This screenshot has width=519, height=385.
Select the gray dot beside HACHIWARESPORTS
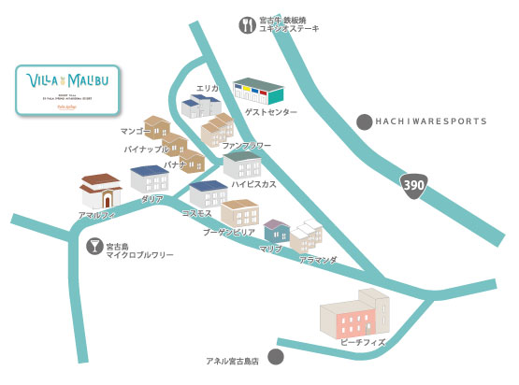(x=364, y=121)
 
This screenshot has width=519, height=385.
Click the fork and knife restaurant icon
(x=246, y=25)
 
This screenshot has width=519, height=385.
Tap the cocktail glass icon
(x=93, y=248)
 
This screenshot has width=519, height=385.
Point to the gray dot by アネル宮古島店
(x=275, y=356)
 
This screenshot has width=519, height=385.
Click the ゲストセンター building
(x=257, y=92)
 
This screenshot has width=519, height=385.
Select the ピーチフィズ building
(x=353, y=314)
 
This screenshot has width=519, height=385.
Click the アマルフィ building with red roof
(x=101, y=191)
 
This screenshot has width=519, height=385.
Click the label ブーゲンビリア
(x=230, y=230)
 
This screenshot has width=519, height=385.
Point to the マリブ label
(x=270, y=249)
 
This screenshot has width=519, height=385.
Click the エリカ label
(x=208, y=88)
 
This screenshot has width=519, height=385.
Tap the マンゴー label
(x=137, y=132)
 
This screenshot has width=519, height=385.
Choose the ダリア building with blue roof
(x=149, y=178)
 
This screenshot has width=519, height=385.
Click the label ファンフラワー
(x=246, y=146)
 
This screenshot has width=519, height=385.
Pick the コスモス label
(x=196, y=213)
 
